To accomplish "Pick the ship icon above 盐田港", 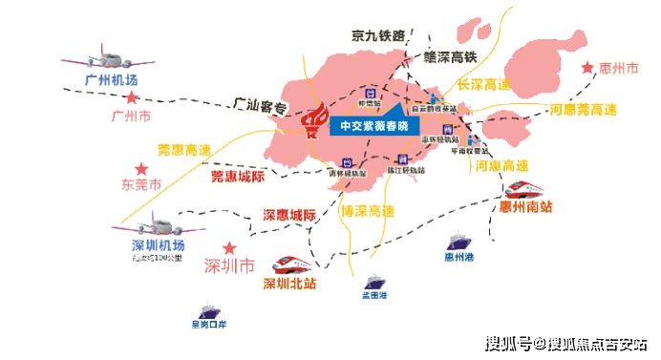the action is pyautogui.click(x=374, y=283).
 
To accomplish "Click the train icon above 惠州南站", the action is pyautogui.click(x=527, y=187).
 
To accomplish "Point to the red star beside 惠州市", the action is pyautogui.click(x=586, y=69).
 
